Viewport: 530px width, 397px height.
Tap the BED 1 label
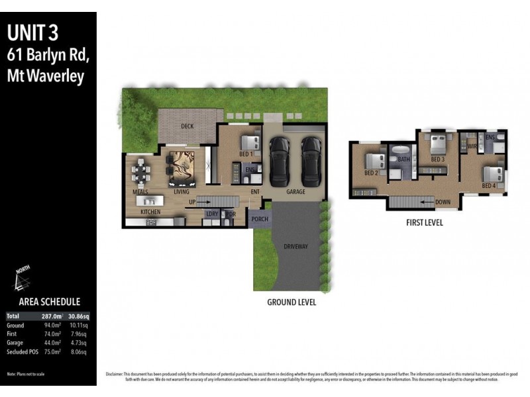pos(246,154)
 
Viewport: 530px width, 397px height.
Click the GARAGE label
pos(295,192)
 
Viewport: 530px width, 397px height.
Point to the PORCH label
pos(260,219)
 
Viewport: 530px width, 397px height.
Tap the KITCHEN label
pos(150,212)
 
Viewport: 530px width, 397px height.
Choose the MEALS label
pos(140,192)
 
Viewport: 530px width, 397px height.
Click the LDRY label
pos(212,214)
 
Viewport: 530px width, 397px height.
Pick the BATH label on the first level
pos(403,159)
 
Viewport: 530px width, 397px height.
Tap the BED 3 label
pos(437,159)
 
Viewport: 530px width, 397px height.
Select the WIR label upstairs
pos(472,146)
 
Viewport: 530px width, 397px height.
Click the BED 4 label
pos(489,186)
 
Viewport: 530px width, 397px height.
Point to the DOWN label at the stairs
pos(444,202)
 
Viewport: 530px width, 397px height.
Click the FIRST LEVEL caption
pos(425,223)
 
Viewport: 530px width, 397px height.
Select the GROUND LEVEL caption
pos(291,302)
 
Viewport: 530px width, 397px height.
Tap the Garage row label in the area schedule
pos(15,343)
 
